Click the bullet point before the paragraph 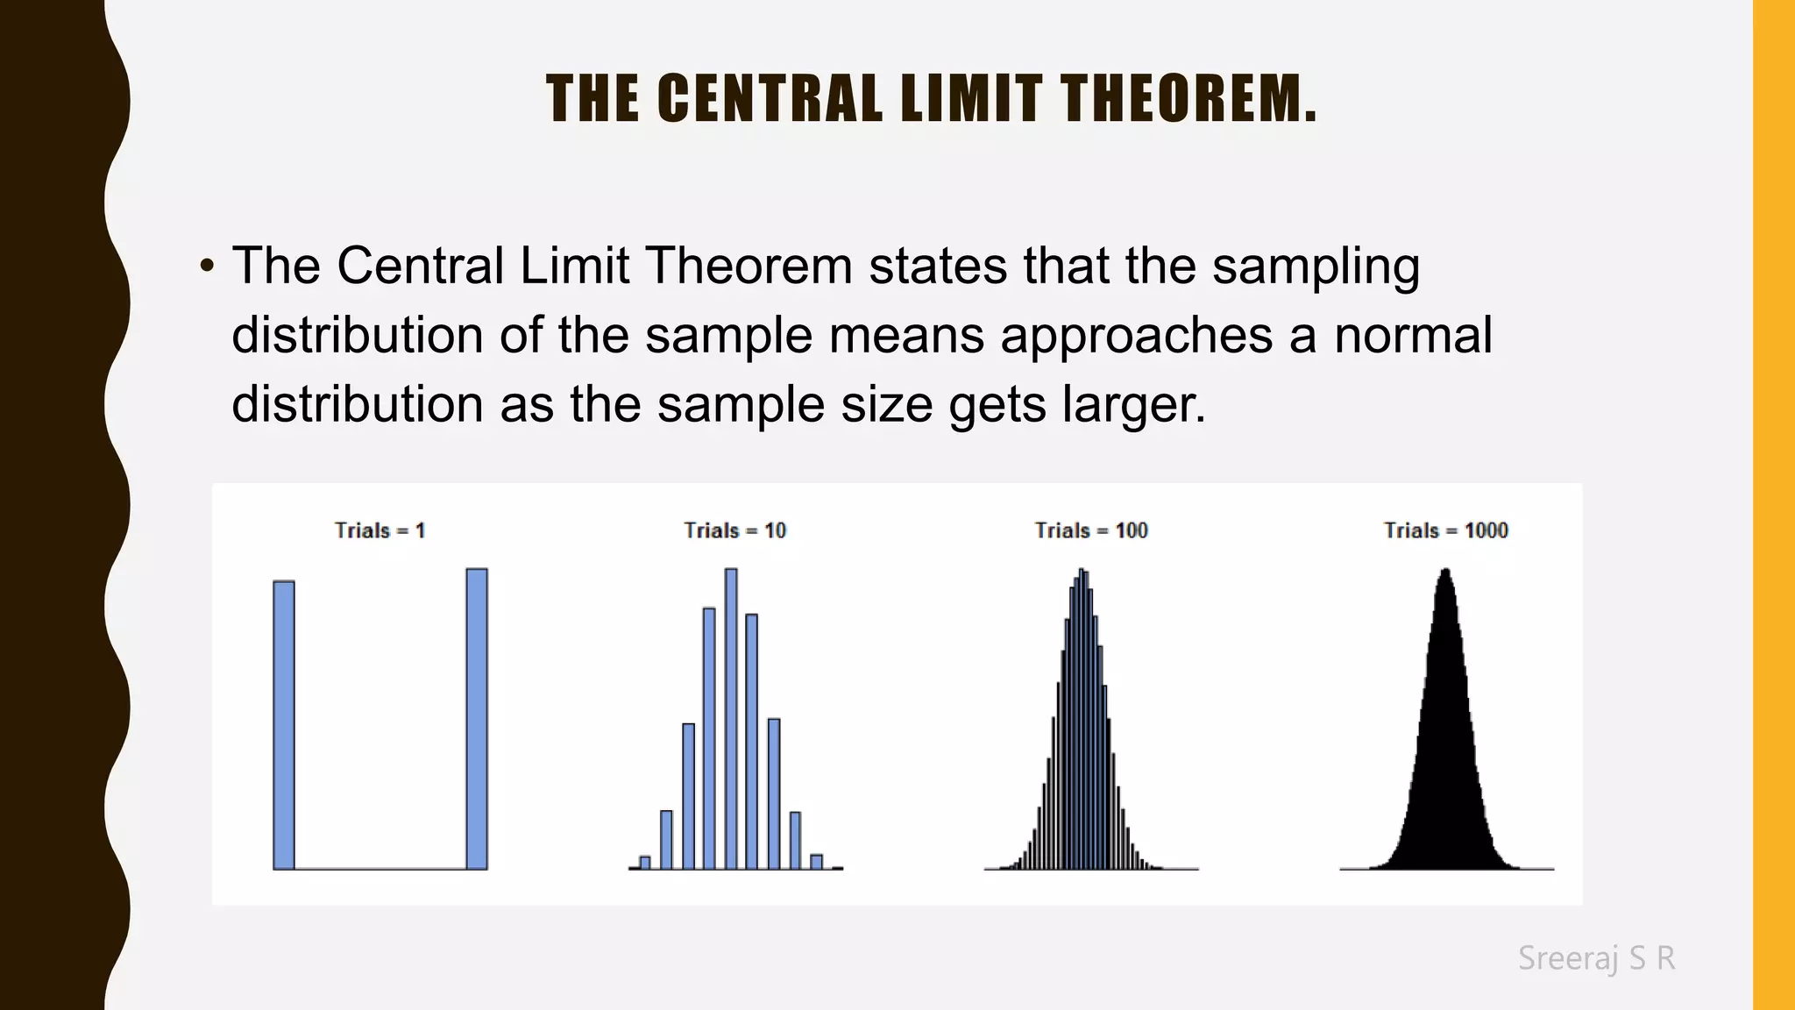pos(207,266)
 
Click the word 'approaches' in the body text pos(1136,336)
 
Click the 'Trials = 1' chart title pos(380,530)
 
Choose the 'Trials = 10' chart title pos(734,530)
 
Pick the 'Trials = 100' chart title pos(1090,530)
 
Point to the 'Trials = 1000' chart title pos(1445,530)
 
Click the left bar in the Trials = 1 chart pos(284,724)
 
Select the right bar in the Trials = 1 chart pos(477,719)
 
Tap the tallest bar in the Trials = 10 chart pos(731,719)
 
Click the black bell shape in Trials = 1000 pos(1445,745)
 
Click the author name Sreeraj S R pos(1596,958)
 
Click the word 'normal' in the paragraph pos(1413,336)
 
